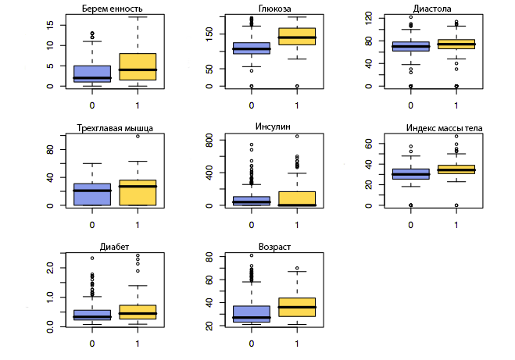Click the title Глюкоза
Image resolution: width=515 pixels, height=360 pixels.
point(273,8)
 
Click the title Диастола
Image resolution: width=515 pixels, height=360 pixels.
point(432,9)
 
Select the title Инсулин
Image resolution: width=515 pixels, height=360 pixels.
point(273,127)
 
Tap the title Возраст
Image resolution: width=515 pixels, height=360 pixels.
point(273,247)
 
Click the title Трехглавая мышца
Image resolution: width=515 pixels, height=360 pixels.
point(115,128)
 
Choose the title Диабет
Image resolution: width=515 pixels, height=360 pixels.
point(115,248)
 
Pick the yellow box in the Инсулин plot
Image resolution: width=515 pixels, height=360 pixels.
point(297,198)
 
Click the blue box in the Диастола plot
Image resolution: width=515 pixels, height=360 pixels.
point(410,47)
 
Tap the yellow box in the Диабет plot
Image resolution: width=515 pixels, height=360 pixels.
point(138,312)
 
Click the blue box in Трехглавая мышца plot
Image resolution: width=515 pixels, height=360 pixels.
point(92,194)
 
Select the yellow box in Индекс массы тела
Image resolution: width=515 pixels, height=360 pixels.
point(456,169)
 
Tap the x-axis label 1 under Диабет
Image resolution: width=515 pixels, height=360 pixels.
point(138,344)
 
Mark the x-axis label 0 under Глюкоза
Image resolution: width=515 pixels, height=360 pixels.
point(252,105)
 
